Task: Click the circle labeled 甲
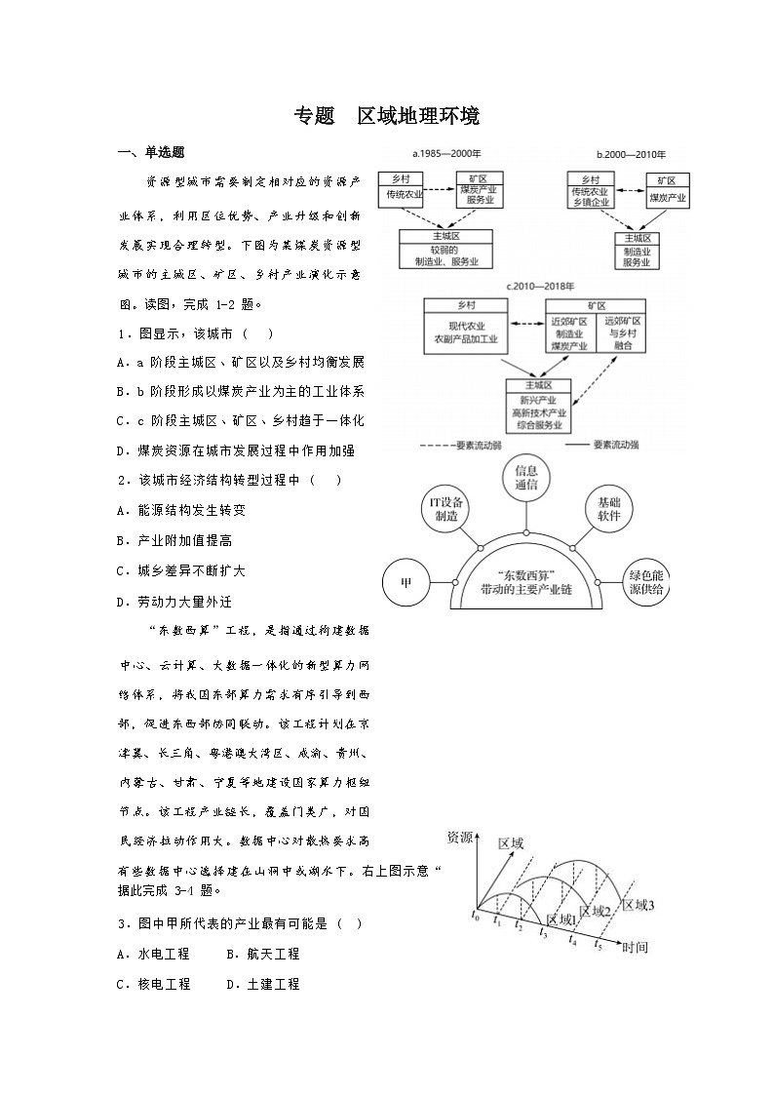click(406, 583)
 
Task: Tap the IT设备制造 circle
click(446, 509)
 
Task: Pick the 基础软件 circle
click(609, 509)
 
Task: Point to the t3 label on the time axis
click(544, 934)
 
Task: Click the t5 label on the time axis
click(599, 945)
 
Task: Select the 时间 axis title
click(635, 947)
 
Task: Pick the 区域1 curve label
click(562, 919)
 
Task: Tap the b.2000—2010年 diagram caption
click(630, 154)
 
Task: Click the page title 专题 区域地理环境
click(387, 117)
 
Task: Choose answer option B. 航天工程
click(262, 954)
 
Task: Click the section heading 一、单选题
click(151, 152)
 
